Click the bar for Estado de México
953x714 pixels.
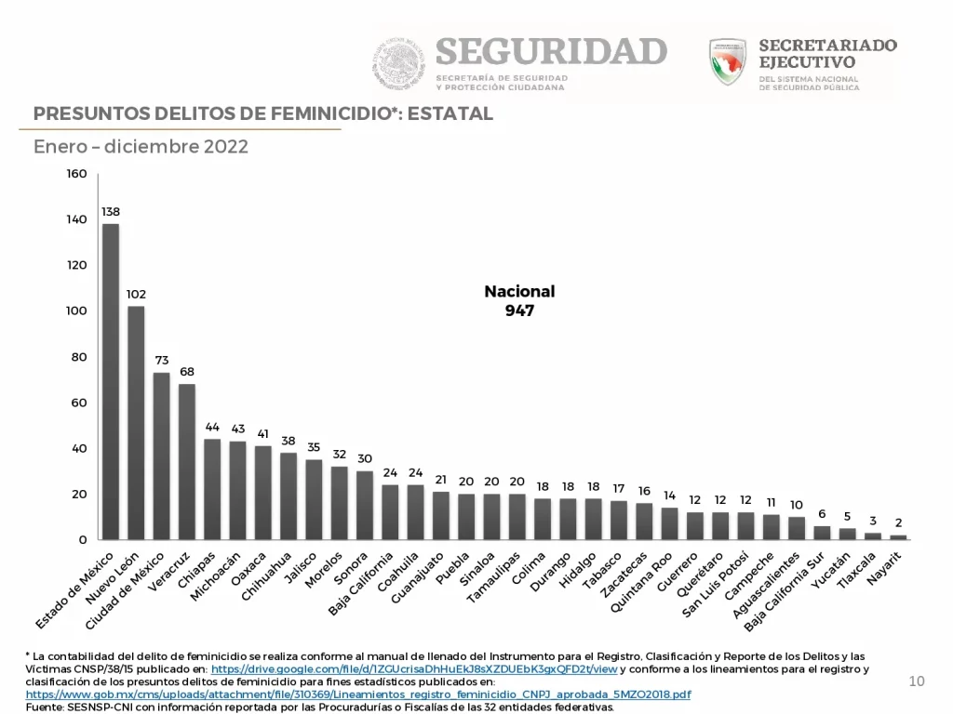[x=110, y=381]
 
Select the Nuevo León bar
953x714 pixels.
[x=136, y=422]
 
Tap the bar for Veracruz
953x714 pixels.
[x=187, y=461]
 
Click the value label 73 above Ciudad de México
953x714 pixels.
[x=161, y=360]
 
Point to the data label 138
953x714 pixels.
[x=111, y=211]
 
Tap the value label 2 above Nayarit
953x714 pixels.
[x=898, y=522]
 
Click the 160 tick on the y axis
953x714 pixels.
[x=76, y=174]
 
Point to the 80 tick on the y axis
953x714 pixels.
[x=78, y=357]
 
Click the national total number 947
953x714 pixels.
[x=519, y=311]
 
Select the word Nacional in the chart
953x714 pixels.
[x=519, y=291]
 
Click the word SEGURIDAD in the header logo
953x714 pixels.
[x=551, y=50]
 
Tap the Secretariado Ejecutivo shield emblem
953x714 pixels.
[x=727, y=61]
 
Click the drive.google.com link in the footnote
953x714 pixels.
[x=414, y=669]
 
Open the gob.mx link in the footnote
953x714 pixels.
[x=358, y=694]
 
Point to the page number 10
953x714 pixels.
[x=917, y=682]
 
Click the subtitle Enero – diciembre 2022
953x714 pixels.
[x=141, y=147]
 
